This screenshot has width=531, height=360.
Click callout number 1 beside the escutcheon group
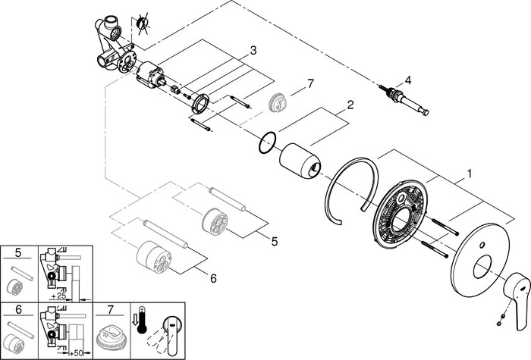[469, 174]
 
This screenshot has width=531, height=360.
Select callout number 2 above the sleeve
[350, 105]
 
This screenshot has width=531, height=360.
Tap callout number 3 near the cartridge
[253, 51]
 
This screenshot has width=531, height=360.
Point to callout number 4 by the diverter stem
[408, 80]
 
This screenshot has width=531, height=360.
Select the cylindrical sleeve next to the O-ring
[300, 161]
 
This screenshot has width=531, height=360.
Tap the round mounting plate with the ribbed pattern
[400, 211]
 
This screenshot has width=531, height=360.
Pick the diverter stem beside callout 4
[404, 100]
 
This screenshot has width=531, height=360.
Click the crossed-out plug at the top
[142, 23]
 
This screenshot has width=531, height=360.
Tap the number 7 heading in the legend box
[110, 309]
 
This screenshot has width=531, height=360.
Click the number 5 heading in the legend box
[18, 252]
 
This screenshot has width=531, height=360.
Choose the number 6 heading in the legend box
[18, 309]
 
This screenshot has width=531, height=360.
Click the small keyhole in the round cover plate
[482, 245]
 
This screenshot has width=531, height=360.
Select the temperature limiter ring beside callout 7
[278, 102]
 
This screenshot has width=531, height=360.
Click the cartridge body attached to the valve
[151, 75]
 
